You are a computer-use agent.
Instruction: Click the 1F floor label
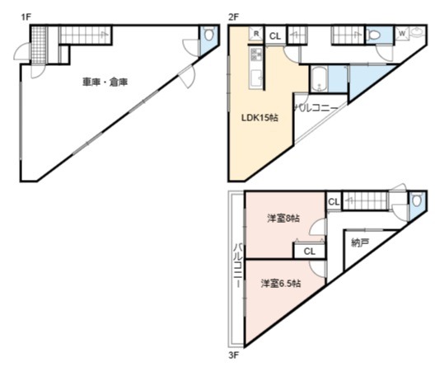tap(26, 17)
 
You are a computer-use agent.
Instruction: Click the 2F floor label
tap(233, 17)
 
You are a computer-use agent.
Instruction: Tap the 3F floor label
tap(233, 356)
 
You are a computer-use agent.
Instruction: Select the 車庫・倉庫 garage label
tap(105, 82)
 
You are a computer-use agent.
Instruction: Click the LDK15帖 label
tap(260, 118)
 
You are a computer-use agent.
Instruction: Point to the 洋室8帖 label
tap(283, 219)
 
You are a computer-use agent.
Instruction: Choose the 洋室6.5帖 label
tap(281, 284)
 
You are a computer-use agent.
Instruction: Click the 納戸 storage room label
tap(360, 243)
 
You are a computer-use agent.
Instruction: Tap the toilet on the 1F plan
tap(209, 34)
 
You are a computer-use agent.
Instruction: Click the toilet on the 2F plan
tap(375, 35)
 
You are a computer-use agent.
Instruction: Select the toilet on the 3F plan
tap(417, 200)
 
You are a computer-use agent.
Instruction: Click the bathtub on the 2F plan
tap(319, 79)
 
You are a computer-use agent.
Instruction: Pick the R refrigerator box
tap(256, 34)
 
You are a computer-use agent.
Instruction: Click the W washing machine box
tap(402, 34)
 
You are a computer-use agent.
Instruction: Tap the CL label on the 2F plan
tap(275, 36)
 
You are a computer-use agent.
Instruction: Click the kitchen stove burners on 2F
tap(256, 54)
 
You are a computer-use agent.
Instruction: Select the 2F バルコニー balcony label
tap(316, 108)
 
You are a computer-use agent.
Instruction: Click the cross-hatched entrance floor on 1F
tap(39, 45)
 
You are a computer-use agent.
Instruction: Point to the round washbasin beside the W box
tap(416, 32)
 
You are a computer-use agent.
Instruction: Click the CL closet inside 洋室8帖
tap(309, 252)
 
